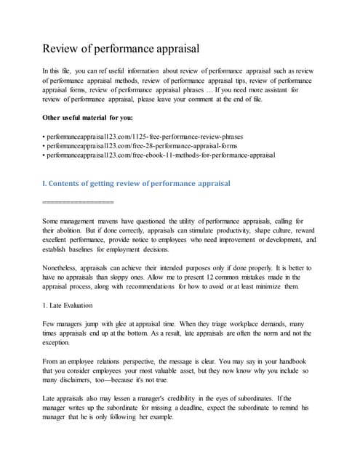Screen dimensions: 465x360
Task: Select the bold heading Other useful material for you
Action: click(x=88, y=117)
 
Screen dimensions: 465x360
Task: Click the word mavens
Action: click(x=125, y=220)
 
